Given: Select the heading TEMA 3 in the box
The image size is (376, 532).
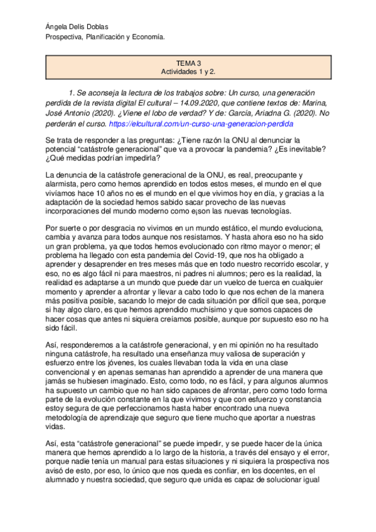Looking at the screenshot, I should [188, 64].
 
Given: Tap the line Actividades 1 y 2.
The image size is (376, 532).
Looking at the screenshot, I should [188, 73].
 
